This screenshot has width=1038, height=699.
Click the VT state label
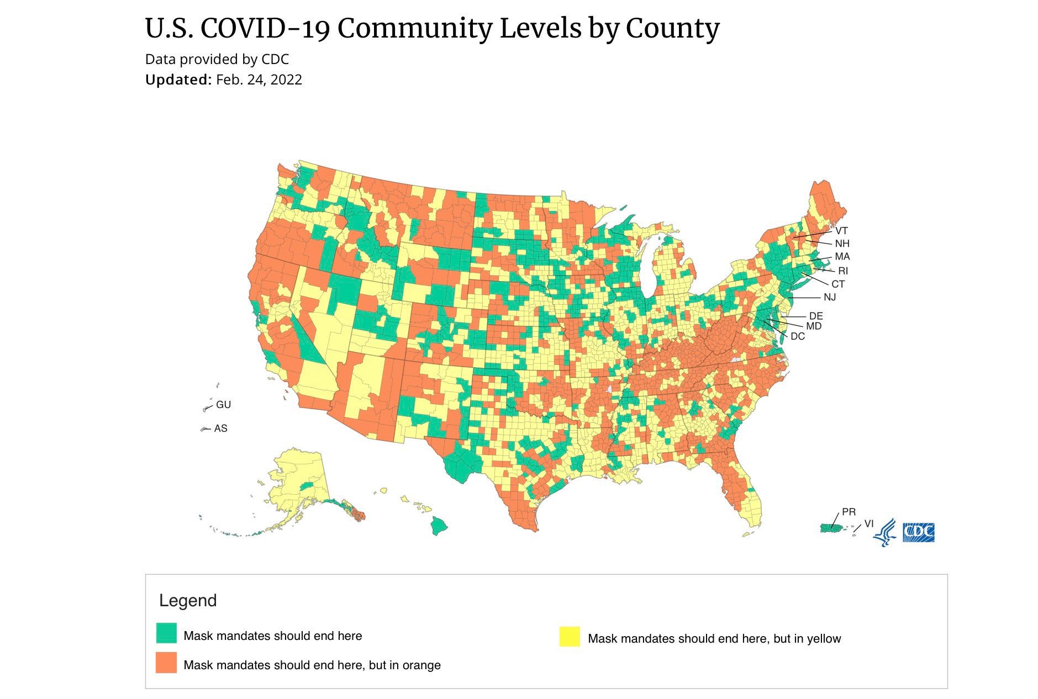[841, 231]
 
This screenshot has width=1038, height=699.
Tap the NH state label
[842, 243]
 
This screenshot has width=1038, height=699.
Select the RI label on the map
[842, 271]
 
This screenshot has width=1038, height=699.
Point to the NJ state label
[829, 297]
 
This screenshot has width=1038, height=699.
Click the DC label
[797, 336]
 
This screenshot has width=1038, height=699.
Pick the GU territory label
[223, 405]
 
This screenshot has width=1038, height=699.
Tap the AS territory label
[220, 428]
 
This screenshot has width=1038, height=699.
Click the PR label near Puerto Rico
[849, 512]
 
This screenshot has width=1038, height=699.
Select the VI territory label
[869, 523]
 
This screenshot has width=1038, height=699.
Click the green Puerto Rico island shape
[832, 528]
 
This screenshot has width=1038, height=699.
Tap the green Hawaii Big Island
[439, 526]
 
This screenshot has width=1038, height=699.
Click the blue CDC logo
[918, 532]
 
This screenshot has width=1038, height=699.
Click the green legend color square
[166, 633]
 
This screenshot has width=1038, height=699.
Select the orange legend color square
[166, 663]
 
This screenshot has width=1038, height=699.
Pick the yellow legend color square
[570, 636]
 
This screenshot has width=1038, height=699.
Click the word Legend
[188, 601]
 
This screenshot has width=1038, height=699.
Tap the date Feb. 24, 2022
[259, 80]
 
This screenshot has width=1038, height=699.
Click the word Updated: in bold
[178, 80]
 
